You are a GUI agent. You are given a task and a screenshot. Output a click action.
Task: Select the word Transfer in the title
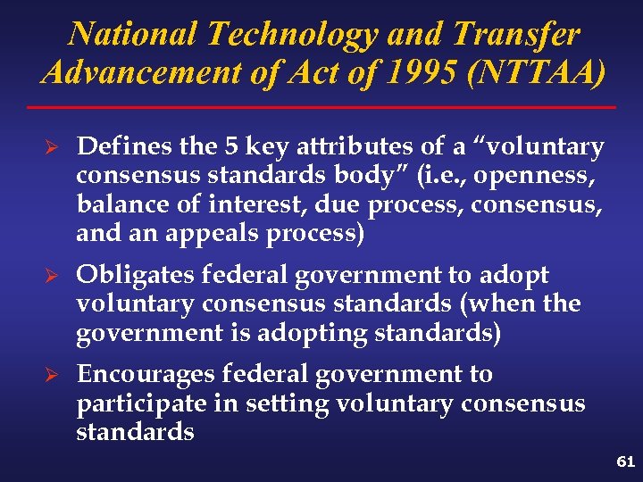tap(516, 34)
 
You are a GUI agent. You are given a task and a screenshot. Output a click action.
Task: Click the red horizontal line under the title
tap(321, 108)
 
